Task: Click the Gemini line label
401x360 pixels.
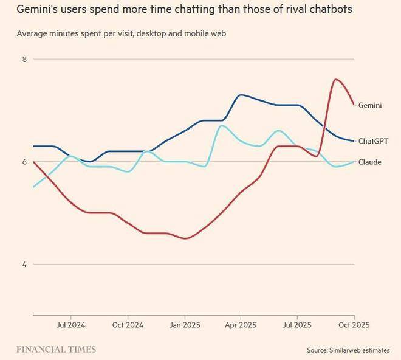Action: pyautogui.click(x=370, y=105)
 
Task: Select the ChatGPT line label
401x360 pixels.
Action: pyautogui.click(x=373, y=141)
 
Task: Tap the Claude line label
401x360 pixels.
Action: pyautogui.click(x=370, y=162)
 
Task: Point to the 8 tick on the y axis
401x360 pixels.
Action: pyautogui.click(x=25, y=59)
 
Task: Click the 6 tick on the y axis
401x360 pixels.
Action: pyautogui.click(x=25, y=162)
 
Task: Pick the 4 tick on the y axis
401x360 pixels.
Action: pyautogui.click(x=25, y=265)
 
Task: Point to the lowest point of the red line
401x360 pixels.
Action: pyautogui.click(x=185, y=238)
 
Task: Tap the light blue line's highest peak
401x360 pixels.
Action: pyautogui.click(x=221, y=125)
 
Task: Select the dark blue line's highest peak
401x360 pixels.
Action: pyautogui.click(x=241, y=94)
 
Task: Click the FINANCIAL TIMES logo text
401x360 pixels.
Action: pyautogui.click(x=56, y=350)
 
